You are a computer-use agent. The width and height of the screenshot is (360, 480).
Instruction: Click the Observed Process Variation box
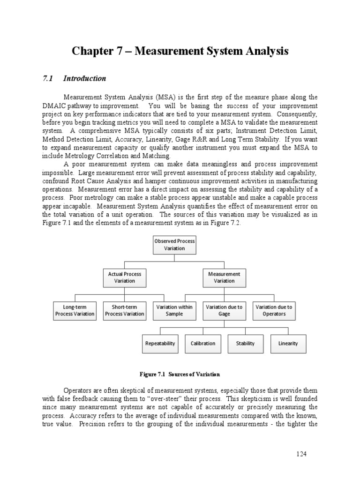click(x=174, y=245)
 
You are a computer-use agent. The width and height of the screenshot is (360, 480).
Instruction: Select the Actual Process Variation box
click(x=124, y=277)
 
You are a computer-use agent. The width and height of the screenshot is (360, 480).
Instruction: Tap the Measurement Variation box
click(x=224, y=277)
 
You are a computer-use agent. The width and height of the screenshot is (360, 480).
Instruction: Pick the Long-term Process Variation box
click(x=75, y=310)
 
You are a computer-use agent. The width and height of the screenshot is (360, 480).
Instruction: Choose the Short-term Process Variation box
click(x=124, y=310)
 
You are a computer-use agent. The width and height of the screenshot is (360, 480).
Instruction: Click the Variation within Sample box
click(x=174, y=310)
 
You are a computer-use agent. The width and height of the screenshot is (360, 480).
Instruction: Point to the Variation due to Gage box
click(x=224, y=310)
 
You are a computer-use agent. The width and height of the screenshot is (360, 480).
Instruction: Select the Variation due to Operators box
click(x=274, y=310)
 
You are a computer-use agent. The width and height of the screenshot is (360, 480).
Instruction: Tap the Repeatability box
click(x=160, y=344)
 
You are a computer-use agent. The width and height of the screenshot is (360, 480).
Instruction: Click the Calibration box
click(x=202, y=344)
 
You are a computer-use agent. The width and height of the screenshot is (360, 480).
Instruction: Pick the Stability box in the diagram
click(x=245, y=344)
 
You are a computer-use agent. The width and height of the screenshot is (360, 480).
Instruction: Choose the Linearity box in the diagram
click(x=288, y=344)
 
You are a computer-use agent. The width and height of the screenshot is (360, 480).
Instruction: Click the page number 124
click(x=301, y=454)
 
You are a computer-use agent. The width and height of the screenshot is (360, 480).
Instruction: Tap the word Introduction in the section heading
click(x=85, y=78)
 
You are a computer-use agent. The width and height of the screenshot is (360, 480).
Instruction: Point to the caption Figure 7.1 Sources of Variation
click(x=180, y=374)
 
